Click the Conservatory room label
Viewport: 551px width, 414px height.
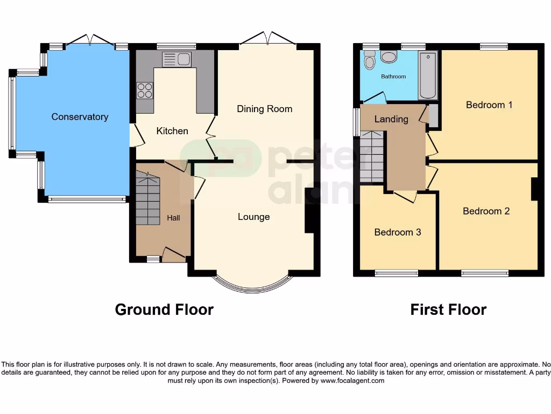pos(80,116)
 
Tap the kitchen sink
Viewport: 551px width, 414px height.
pos(176,59)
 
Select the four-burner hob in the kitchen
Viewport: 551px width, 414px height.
pos(144,90)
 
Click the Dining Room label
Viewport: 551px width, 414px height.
pos(265,109)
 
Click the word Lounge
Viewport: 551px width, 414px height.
pos(254,217)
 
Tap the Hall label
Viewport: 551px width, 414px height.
pos(173,218)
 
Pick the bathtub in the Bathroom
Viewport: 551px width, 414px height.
pos(428,75)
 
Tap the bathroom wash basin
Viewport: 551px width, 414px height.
pos(388,57)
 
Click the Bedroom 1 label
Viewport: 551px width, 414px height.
pos(489,105)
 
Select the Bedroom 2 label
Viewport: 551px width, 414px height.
pos(486,211)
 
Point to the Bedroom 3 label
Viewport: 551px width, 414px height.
pos(398,232)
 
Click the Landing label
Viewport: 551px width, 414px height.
pos(391,119)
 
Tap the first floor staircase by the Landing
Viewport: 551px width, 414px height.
pos(372,156)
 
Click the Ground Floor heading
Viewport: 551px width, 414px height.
pos(164,309)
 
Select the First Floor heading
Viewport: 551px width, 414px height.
pos(448,309)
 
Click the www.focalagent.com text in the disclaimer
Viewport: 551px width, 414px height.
pos(352,381)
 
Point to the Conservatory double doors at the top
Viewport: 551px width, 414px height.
pos(90,41)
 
